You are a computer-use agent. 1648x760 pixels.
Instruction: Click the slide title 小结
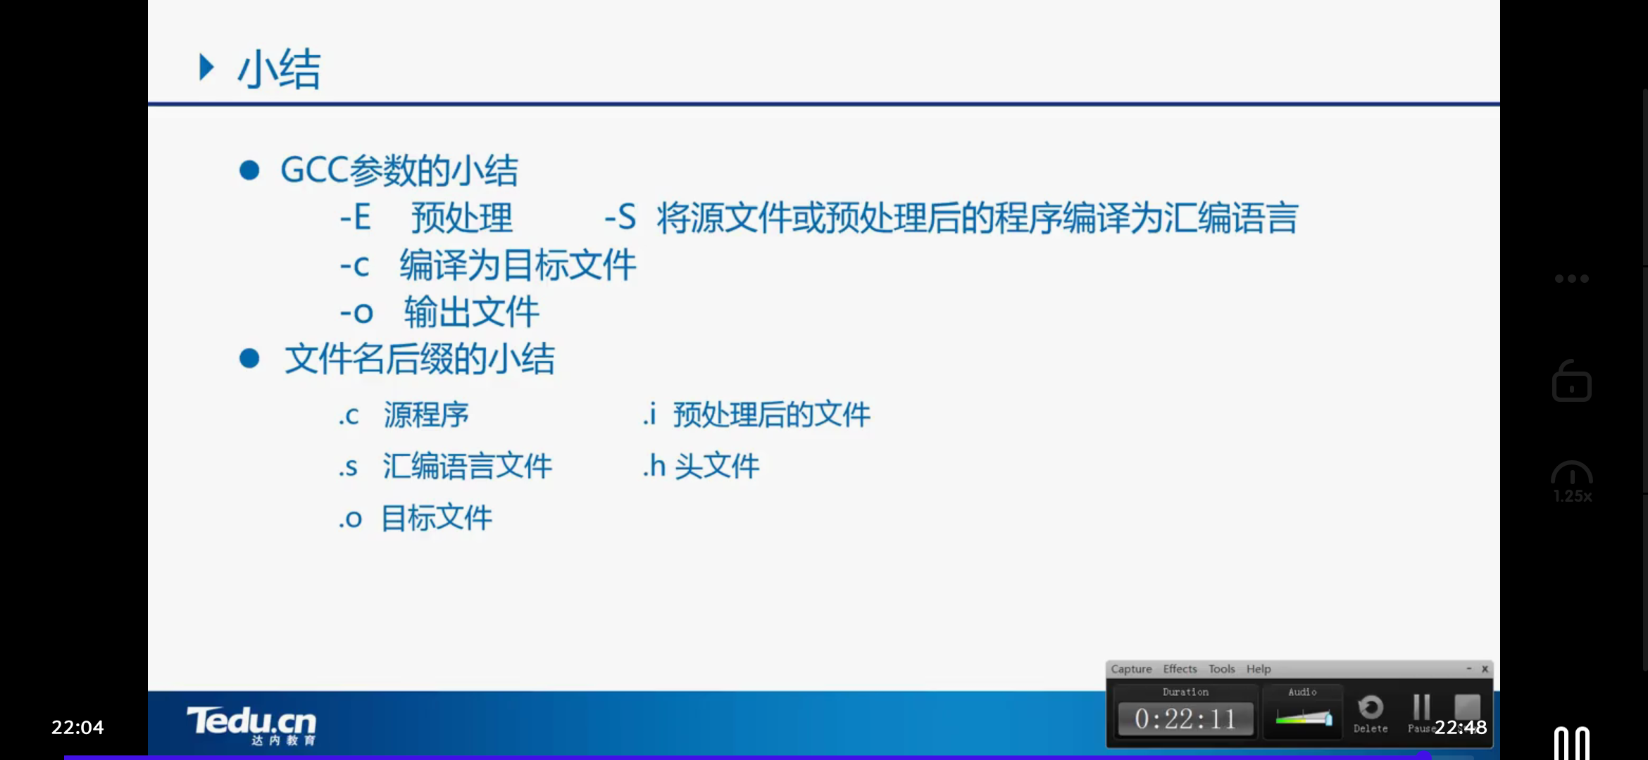point(279,69)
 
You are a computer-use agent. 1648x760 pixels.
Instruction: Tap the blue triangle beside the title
point(206,68)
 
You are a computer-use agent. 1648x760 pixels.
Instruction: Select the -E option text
point(355,217)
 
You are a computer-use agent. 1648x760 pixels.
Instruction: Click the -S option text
point(620,217)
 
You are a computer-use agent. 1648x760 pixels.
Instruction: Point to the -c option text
point(354,266)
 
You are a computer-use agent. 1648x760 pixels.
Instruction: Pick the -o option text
point(356,312)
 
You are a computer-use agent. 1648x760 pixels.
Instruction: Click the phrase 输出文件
point(471,312)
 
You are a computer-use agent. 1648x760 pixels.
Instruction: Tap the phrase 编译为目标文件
point(518,266)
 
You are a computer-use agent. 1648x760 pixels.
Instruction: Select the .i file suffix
point(649,414)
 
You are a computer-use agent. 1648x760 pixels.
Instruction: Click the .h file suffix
point(654,466)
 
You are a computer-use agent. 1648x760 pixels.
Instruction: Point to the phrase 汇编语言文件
point(467,466)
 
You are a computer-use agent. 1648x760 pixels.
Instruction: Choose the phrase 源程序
point(426,414)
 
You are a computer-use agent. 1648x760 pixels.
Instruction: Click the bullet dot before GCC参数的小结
point(249,170)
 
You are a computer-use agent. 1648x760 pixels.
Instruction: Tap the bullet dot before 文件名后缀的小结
point(249,359)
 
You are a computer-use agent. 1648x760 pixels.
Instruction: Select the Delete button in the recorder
point(1371,714)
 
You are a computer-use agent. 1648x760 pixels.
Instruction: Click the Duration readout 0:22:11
point(1185,719)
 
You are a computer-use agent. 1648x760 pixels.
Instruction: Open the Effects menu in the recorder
point(1180,669)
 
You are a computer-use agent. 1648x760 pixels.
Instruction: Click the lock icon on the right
point(1572,381)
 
